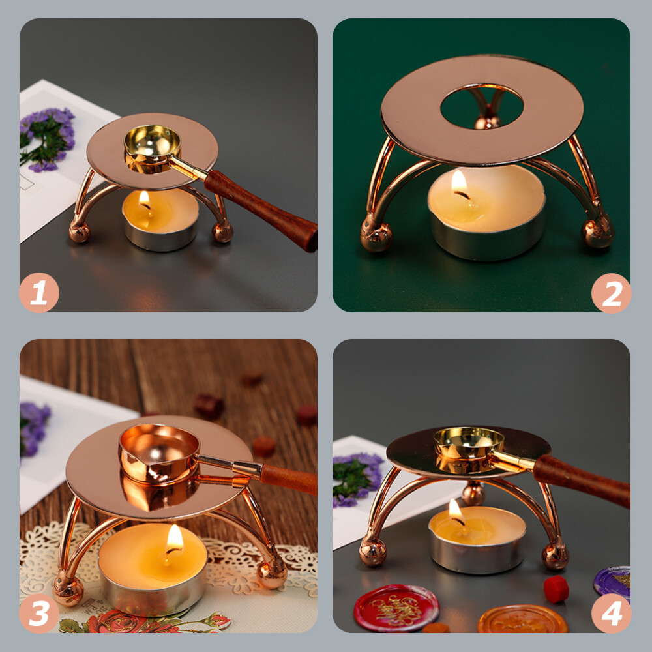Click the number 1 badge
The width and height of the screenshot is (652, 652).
tap(39, 292)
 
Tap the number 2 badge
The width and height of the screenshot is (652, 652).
tap(612, 293)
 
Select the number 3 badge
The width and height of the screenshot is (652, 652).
tap(39, 613)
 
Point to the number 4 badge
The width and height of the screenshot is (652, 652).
tap(612, 613)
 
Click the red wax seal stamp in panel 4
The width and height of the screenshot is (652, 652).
tap(396, 608)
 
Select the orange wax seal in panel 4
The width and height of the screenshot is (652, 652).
tap(523, 620)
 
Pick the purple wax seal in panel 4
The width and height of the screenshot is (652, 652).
tap(612, 582)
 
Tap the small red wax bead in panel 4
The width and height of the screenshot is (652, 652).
tap(556, 589)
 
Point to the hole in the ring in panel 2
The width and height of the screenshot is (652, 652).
tap(482, 106)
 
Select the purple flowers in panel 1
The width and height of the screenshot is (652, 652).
tap(47, 140)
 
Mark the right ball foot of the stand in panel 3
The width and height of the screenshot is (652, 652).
tap(272, 574)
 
